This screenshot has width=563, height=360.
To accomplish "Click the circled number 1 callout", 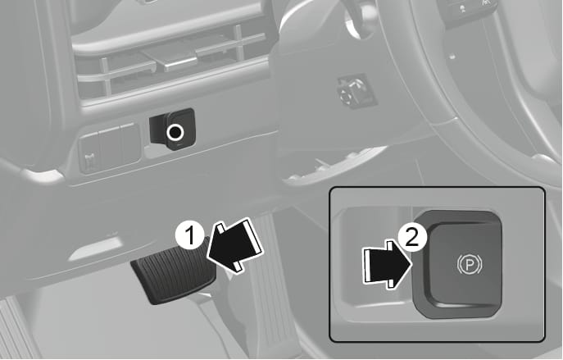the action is point(190,235).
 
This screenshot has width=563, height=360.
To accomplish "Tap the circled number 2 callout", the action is point(412,237).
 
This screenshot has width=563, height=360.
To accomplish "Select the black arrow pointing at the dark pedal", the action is point(235,245).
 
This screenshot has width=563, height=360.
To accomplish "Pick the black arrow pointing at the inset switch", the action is point(387,265).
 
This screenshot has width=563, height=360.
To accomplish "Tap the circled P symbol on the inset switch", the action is point(470,265).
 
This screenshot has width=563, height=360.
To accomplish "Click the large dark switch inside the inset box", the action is point(457,265).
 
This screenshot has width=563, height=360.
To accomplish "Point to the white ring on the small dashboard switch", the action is point(175,133).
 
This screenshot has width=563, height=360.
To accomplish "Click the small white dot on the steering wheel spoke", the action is point(452,56).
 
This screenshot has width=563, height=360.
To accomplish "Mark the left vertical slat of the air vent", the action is point(106,76).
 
